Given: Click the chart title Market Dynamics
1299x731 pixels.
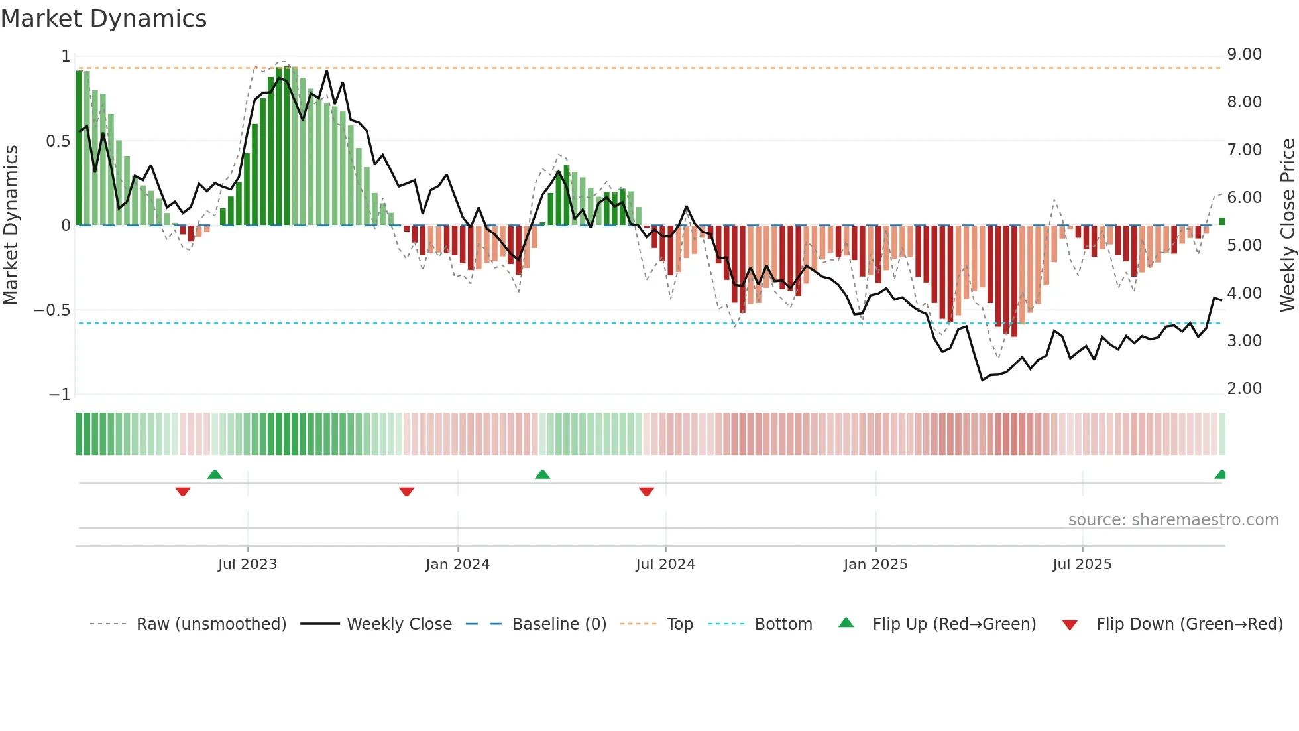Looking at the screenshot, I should pos(104,19).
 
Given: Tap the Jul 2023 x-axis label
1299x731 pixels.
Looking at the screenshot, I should pos(247,565).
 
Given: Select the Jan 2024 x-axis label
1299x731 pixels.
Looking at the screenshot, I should pos(457,565).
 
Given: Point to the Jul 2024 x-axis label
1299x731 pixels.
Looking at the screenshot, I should pos(665,565).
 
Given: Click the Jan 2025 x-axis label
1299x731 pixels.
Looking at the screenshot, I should pos(875,565).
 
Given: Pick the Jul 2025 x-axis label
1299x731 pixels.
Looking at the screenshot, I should pos(1082,565).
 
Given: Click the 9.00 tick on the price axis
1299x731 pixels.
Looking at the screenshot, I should pos(1244,54).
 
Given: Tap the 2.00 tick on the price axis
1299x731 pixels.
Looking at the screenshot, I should pos(1244,389).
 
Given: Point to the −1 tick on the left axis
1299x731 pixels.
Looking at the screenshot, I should pos(60,395).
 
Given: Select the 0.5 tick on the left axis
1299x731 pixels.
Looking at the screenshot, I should pos(58,141).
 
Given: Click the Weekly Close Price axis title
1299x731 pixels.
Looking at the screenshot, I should pos(1288,225).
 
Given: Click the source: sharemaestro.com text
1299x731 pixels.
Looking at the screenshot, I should pos(1173,520).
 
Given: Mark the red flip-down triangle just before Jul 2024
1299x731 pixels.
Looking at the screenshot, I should pos(646,492).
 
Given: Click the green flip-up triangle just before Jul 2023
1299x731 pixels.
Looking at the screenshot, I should pos(215,474).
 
